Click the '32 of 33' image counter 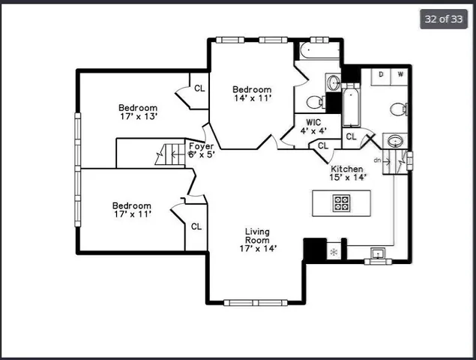[x=443, y=19]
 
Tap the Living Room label [x=257, y=240]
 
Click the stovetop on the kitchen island [x=342, y=202]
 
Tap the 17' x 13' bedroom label [x=138, y=112]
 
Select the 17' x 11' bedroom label [x=132, y=209]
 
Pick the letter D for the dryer [x=381, y=74]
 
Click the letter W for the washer [x=400, y=74]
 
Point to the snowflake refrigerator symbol [x=333, y=252]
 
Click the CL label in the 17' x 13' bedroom [x=199, y=88]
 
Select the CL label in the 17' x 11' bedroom [x=196, y=226]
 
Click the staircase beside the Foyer [x=169, y=154]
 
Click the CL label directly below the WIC [x=322, y=145]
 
